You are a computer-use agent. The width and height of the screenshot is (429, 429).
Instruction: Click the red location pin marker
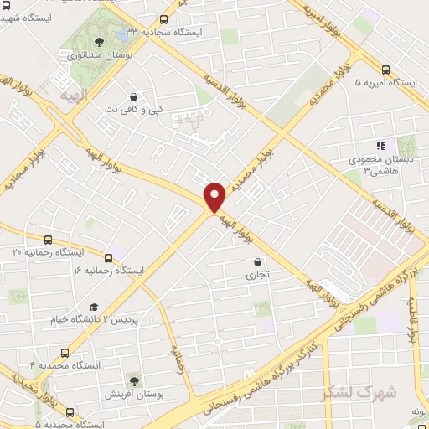pyautogui.click(x=215, y=196)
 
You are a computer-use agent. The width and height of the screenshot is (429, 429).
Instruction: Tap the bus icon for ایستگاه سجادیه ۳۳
pyautogui.click(x=163, y=18)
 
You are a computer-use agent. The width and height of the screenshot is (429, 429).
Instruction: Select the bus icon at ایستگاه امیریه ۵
pyautogui.click(x=385, y=70)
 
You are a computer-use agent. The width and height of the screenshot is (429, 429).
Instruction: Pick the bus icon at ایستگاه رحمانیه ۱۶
pyautogui.click(x=108, y=257)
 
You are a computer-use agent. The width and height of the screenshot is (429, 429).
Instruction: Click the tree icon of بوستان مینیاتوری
pyautogui.click(x=101, y=40)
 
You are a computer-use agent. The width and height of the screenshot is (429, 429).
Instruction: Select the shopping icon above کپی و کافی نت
pyautogui.click(x=134, y=96)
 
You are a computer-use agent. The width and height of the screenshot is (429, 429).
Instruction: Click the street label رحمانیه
pyautogui.click(x=179, y=359)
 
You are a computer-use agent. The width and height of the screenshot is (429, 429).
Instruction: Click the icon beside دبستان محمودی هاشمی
pyautogui.click(x=380, y=145)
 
